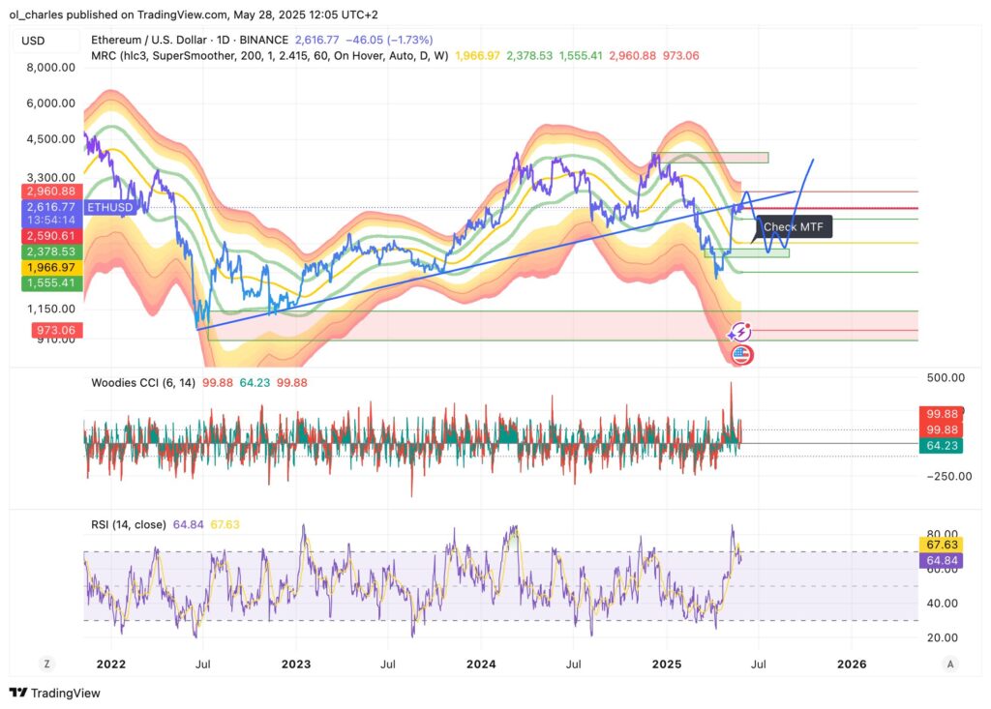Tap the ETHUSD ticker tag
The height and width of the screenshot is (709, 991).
(108, 207)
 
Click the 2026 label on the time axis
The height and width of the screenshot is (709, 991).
(852, 665)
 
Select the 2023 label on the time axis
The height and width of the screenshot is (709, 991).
(296, 665)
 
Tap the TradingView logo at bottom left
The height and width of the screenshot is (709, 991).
(55, 693)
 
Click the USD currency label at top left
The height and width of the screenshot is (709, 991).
(34, 40)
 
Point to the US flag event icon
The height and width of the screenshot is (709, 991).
(741, 355)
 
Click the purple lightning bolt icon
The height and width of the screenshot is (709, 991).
(740, 333)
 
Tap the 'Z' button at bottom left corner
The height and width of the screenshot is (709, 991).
(45, 664)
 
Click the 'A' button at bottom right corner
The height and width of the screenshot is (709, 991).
(951, 664)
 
